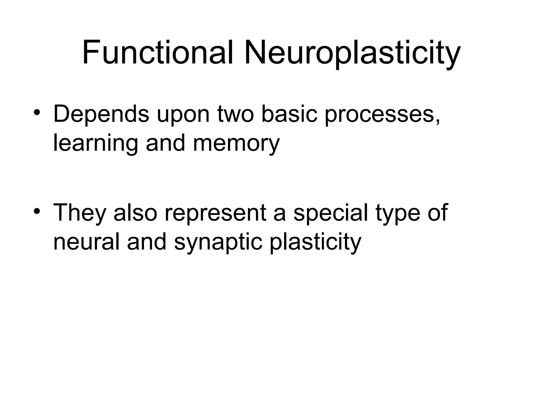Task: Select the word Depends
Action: click(101, 114)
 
